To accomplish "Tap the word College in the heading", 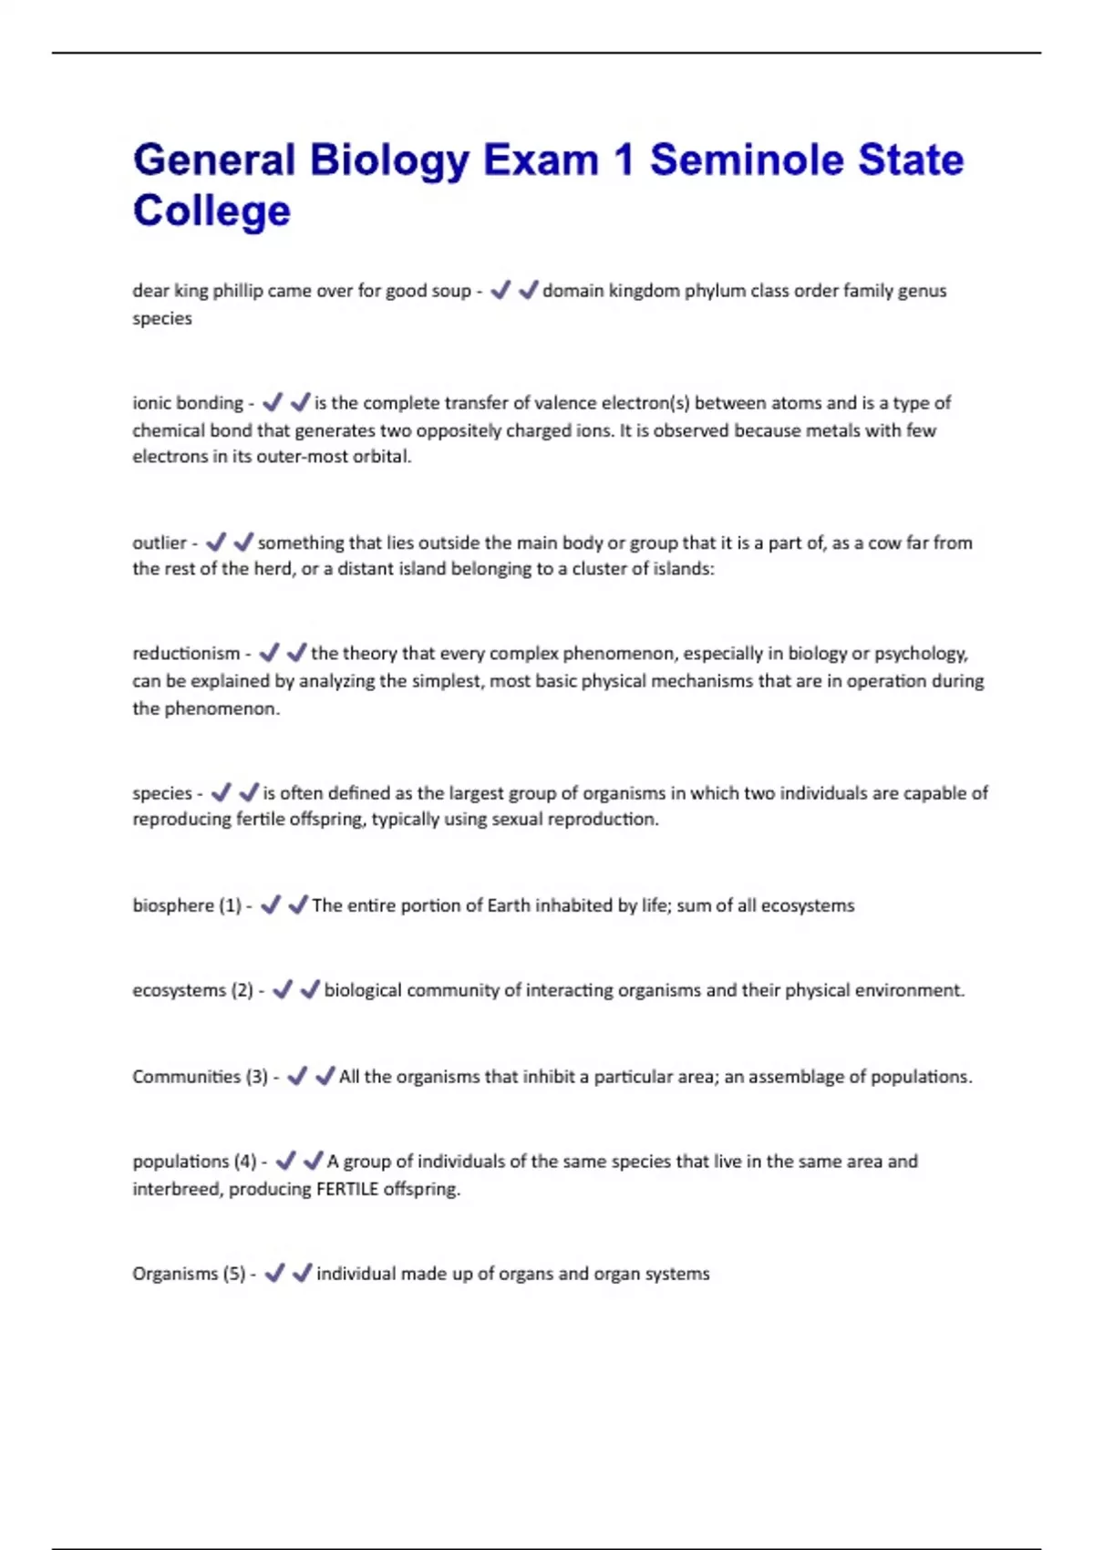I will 212,211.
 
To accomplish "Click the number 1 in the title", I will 624,160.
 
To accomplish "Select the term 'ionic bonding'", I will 187,403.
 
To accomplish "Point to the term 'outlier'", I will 160,542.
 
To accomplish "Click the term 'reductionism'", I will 186,654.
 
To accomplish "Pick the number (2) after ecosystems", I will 242,990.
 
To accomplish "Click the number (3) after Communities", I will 256,1077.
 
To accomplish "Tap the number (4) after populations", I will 245,1162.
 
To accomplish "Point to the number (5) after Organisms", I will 234,1274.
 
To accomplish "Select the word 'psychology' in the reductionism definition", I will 920,654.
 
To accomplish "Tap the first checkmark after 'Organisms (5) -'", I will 274,1273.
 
